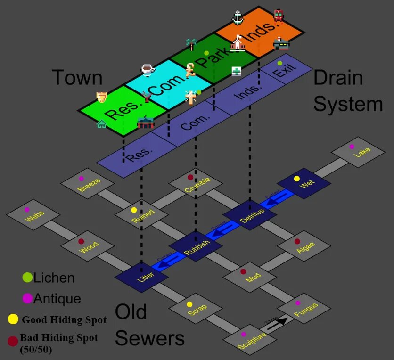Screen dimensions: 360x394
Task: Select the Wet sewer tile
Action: click(x=304, y=183)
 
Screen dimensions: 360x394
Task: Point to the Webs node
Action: click(x=33, y=215)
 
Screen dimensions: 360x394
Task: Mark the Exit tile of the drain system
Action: click(x=285, y=71)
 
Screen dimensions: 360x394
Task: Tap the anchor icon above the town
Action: click(x=238, y=17)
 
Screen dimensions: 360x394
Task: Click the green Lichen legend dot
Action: click(x=27, y=278)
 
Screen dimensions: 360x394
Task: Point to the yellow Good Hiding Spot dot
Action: click(x=13, y=319)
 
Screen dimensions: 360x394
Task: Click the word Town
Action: click(x=77, y=77)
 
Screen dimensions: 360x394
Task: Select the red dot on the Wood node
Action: click(x=81, y=242)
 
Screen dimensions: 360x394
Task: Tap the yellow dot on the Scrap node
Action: click(x=189, y=304)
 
